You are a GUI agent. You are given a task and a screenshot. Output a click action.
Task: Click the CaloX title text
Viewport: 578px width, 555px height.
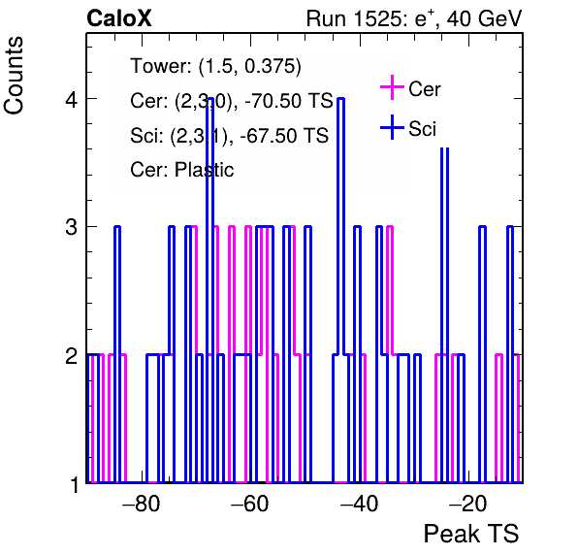tap(119, 18)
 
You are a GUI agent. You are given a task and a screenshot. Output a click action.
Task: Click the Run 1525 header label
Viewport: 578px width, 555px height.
tap(414, 18)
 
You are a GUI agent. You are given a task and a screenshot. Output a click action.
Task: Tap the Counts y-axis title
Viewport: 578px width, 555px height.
tap(14, 76)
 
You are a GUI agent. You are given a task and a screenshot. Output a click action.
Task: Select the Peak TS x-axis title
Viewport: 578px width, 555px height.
tap(471, 534)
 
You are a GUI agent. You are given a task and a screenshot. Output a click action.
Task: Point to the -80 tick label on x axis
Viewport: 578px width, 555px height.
tap(142, 504)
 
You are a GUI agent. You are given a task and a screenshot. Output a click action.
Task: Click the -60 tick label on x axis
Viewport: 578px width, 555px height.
tap(250, 504)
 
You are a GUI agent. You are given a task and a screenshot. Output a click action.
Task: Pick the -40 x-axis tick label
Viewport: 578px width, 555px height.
tap(359, 504)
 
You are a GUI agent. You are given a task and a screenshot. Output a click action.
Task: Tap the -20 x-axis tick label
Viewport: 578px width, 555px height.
tap(467, 504)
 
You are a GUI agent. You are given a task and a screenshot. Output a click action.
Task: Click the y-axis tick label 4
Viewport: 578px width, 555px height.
tap(71, 99)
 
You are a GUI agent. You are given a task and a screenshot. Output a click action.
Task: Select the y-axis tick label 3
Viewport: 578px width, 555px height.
tap(71, 227)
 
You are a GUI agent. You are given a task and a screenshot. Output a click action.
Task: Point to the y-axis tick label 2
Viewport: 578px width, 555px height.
tap(71, 355)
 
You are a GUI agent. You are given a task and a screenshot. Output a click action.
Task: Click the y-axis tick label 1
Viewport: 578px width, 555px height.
tap(75, 484)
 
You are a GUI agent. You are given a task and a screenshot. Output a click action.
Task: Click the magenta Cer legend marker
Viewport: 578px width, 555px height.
tap(392, 87)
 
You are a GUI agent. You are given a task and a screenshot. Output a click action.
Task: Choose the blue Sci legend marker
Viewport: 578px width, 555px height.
tap(392, 128)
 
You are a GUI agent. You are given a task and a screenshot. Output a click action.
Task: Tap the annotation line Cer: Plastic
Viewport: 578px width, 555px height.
tap(181, 170)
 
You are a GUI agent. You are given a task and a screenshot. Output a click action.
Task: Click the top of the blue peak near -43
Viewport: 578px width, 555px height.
tap(341, 98)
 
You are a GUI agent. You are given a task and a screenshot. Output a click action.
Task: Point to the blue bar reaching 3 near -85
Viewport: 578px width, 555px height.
tap(117, 354)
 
